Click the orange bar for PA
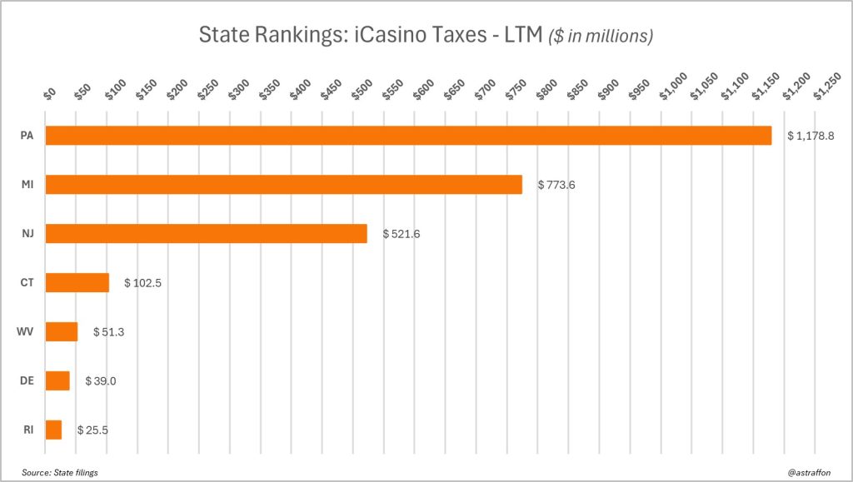(408, 136)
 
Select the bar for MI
(283, 184)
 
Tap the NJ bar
(206, 234)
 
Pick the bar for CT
(77, 282)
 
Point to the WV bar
(61, 331)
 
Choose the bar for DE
(57, 380)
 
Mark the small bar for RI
(53, 430)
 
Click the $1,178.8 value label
(811, 136)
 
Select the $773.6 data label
(556, 184)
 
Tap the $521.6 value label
(402, 234)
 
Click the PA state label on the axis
(27, 136)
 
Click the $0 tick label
(49, 92)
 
